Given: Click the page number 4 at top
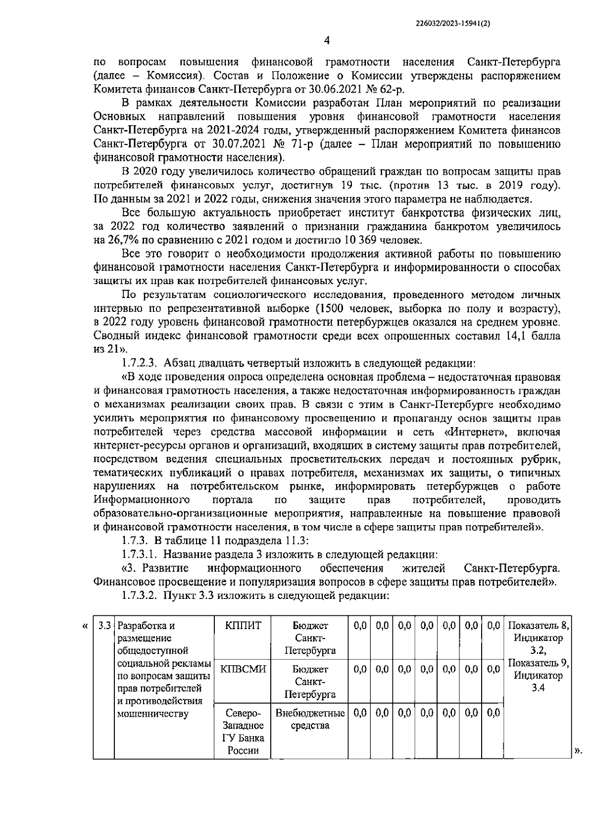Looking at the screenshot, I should [327, 40].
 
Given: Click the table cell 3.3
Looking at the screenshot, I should [104, 626].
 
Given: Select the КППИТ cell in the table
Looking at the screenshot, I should [243, 626].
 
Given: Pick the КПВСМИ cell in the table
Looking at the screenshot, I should [243, 669].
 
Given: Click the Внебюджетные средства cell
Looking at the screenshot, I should [310, 720].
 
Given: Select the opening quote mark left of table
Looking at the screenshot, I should [85, 626].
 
